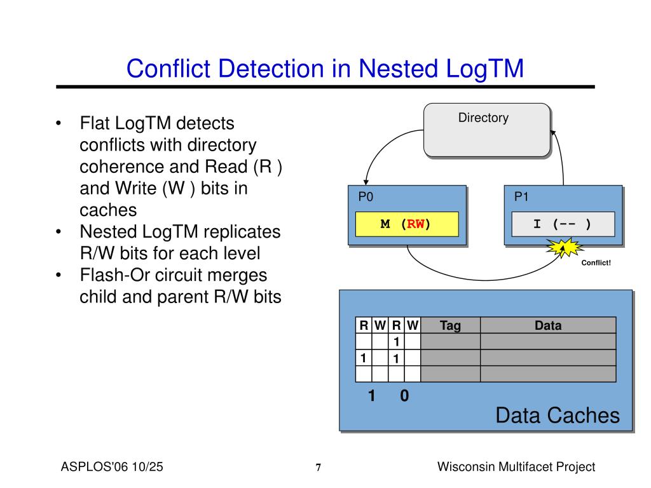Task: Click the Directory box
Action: pyautogui.click(x=486, y=130)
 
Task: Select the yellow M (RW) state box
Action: pyautogui.click(x=406, y=224)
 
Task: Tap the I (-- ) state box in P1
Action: pyautogui.click(x=562, y=224)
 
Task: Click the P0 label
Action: pyautogui.click(x=365, y=197)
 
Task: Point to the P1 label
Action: pyautogui.click(x=521, y=197)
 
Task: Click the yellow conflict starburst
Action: pyautogui.click(x=561, y=248)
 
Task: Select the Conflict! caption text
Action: pyautogui.click(x=596, y=263)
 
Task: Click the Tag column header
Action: pyautogui.click(x=450, y=326)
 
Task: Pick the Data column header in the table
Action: pyautogui.click(x=547, y=326)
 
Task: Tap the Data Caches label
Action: pyautogui.click(x=557, y=416)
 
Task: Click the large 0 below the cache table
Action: pyautogui.click(x=404, y=396)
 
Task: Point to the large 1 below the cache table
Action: pyautogui.click(x=371, y=396)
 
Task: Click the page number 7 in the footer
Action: pyautogui.click(x=319, y=468)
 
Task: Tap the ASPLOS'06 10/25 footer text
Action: pyautogui.click(x=112, y=467)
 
